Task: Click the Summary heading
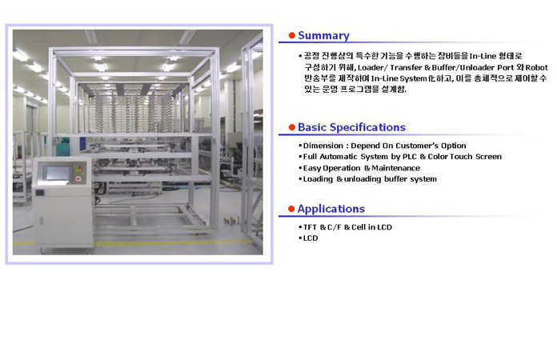click(323, 35)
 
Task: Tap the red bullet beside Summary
click(292, 35)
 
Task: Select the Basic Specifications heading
click(351, 127)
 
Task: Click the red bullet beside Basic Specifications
click(292, 127)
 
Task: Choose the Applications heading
click(331, 209)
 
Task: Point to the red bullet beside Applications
click(291, 209)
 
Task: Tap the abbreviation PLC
click(410, 157)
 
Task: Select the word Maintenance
click(395, 168)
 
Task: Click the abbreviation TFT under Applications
click(310, 227)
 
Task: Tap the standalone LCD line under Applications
click(311, 238)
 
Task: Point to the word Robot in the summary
click(537, 67)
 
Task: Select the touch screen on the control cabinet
click(57, 173)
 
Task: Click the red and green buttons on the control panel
click(78, 173)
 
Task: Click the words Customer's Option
click(431, 146)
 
